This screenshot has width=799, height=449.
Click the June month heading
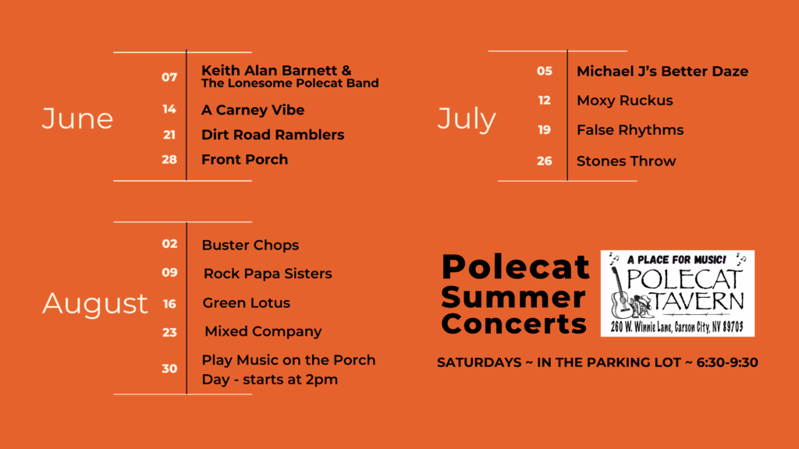(77, 118)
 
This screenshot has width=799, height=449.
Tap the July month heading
(467, 119)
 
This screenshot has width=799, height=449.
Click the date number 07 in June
(169, 77)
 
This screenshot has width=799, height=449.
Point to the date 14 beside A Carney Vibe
(169, 109)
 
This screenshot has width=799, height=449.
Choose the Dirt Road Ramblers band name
(272, 135)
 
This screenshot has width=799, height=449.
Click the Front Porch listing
(244, 159)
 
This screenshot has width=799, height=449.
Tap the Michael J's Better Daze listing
(662, 71)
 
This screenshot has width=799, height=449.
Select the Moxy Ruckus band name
(625, 101)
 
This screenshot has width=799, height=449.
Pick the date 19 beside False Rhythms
(545, 130)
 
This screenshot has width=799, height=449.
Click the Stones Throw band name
(627, 161)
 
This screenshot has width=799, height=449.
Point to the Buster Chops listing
(250, 246)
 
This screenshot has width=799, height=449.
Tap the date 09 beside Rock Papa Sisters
(169, 272)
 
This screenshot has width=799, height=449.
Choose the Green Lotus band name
(247, 303)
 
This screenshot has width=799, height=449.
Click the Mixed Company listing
(263, 332)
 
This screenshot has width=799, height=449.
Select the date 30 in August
(169, 369)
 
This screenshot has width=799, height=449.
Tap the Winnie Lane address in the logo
(677, 327)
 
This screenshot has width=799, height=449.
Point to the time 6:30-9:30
(727, 362)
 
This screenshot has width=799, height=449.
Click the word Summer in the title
(513, 297)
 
